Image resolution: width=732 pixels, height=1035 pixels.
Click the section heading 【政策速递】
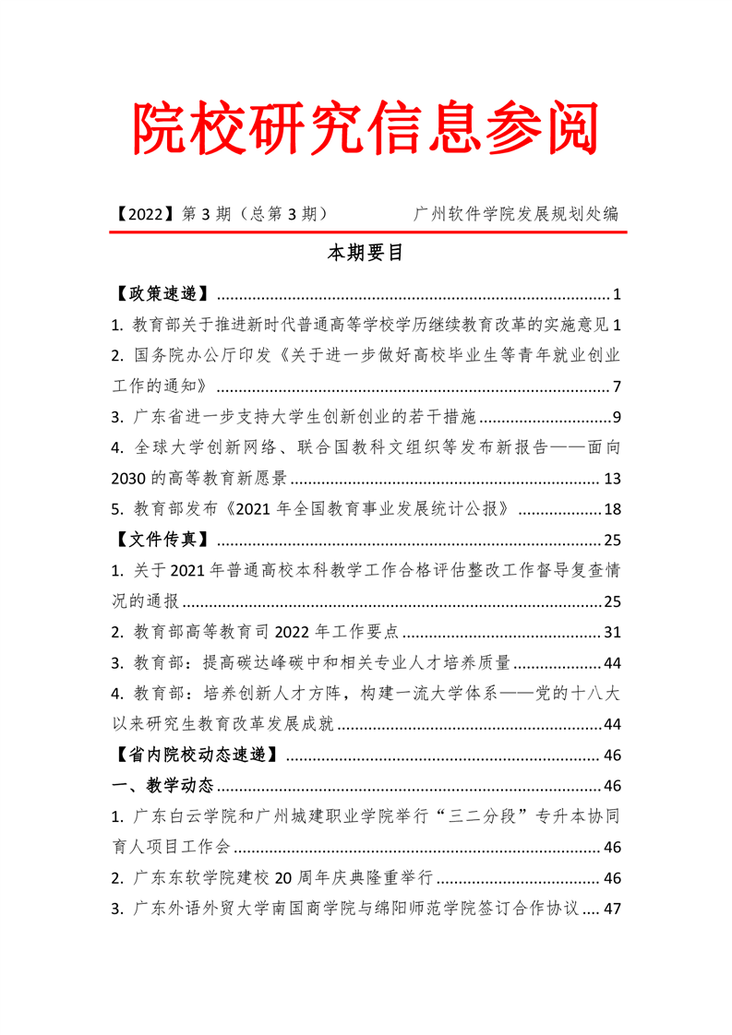(x=160, y=295)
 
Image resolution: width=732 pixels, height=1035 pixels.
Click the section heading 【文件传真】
(x=160, y=540)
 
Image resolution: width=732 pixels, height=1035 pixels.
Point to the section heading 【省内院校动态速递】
(x=196, y=755)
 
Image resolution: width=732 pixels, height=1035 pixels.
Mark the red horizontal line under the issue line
(x=366, y=232)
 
